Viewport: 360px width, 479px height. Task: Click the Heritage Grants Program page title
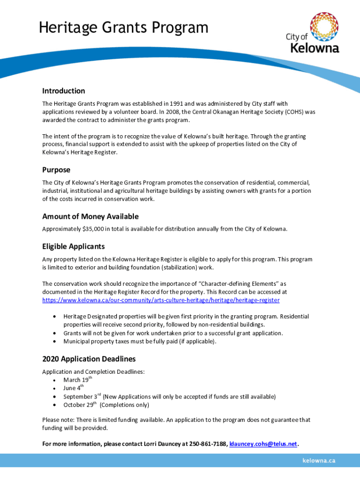123,28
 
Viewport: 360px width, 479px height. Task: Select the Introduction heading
64,91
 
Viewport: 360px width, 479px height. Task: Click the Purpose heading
56,170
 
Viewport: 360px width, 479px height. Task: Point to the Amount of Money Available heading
90,217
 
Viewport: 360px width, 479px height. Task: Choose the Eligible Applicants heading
73,247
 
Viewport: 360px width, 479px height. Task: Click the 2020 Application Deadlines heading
89,359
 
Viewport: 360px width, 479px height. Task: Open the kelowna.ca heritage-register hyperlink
161,300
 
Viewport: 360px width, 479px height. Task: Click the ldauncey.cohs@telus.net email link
263,444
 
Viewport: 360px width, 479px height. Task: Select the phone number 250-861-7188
208,444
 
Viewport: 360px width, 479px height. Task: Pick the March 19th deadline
76,379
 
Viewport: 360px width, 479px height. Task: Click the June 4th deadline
73,388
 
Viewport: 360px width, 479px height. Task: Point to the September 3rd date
82,397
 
